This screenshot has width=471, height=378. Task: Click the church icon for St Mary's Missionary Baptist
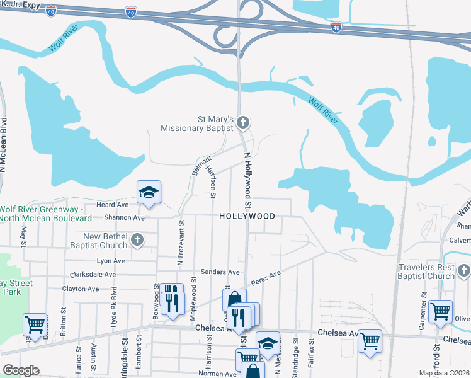[x=244, y=123]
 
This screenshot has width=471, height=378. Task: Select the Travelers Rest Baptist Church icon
[x=463, y=271]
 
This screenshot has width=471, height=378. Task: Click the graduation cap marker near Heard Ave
[x=149, y=193]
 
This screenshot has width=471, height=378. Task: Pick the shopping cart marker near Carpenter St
[x=440, y=312]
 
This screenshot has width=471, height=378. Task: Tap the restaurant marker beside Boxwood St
[x=171, y=301]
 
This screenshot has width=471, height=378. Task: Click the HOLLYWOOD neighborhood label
[x=247, y=216]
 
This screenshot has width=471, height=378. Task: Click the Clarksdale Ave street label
[x=93, y=275]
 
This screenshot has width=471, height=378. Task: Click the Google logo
[x=20, y=370]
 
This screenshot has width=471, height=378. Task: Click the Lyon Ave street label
[x=111, y=260]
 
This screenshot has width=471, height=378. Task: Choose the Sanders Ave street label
[x=220, y=272]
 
